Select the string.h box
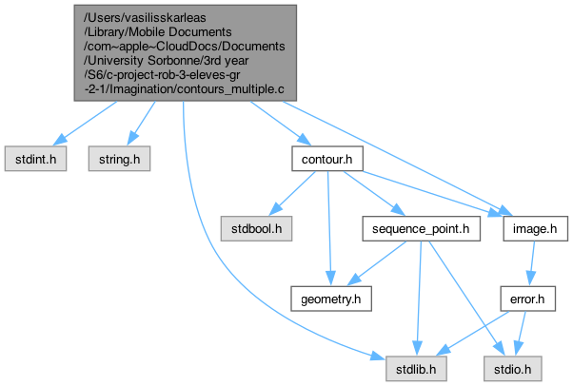pos(119,158)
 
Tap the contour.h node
pos(326,158)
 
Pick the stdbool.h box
pos(255,228)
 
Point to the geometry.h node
pos(326,299)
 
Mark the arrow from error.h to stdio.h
pos(520,333)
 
